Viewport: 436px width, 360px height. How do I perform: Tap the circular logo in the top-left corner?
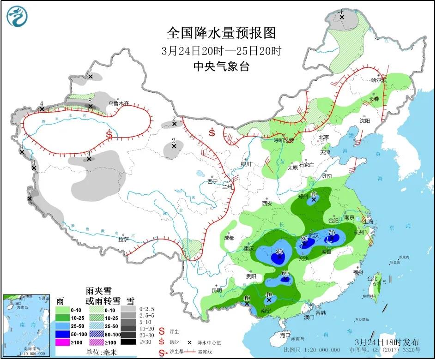click(17, 16)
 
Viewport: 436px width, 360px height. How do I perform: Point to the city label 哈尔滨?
click(378, 80)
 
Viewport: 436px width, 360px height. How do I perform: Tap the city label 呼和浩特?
click(284, 140)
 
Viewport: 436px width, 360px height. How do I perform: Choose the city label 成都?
click(229, 238)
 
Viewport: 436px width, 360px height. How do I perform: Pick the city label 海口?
click(285, 336)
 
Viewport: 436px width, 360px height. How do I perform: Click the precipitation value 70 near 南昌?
click(331, 233)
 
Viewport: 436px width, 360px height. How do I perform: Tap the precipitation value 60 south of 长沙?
click(285, 273)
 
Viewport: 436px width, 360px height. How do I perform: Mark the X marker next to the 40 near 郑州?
click(314, 200)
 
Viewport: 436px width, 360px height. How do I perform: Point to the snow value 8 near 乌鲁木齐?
click(91, 100)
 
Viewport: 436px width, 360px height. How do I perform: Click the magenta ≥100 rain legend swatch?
click(63, 342)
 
